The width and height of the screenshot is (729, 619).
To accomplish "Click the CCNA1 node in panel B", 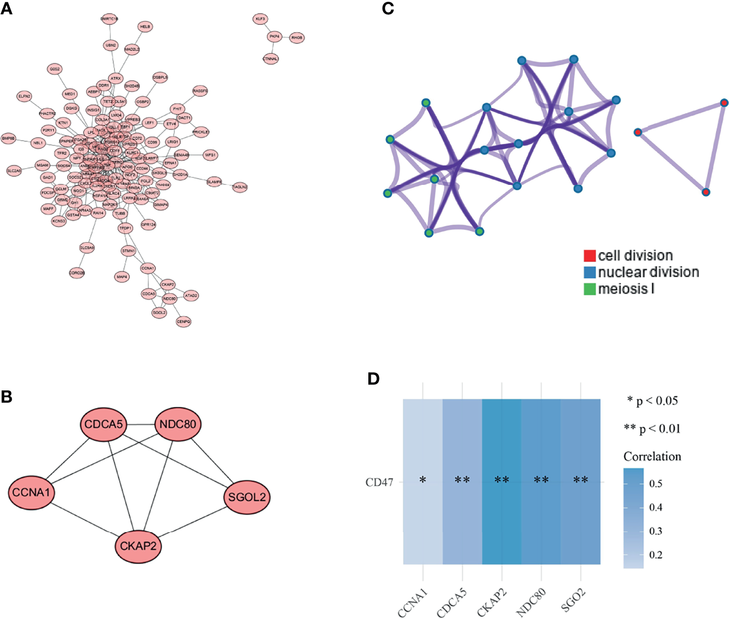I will tap(32, 491).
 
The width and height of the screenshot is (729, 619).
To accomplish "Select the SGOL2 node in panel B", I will tap(247, 497).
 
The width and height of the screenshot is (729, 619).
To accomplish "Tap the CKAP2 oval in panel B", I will tap(138, 546).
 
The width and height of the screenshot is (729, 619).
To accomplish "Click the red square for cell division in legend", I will tap(589, 256).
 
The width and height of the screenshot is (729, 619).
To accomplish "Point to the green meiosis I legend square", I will tap(589, 289).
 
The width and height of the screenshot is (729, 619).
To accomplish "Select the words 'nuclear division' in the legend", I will tap(648, 272).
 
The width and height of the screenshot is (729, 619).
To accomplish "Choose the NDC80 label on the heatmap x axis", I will tap(530, 601).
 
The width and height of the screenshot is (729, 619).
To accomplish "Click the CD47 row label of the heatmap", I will tap(379, 482).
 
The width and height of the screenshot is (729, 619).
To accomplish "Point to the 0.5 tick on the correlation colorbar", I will tap(656, 484).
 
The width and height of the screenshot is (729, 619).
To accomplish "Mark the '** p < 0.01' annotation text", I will tap(652, 429).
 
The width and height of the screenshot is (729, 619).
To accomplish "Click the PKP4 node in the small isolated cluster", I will tap(274, 37).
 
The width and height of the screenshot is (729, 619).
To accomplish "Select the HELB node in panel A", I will tap(145, 27).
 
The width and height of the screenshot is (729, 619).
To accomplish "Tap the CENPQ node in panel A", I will tap(183, 321).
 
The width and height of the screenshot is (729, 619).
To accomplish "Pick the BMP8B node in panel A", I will tap(8, 138).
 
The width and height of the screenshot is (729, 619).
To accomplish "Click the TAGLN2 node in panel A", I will tap(239, 187).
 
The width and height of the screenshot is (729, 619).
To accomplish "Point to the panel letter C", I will tap(388, 8).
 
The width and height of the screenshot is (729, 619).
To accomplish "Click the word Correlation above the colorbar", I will tap(652, 457).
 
